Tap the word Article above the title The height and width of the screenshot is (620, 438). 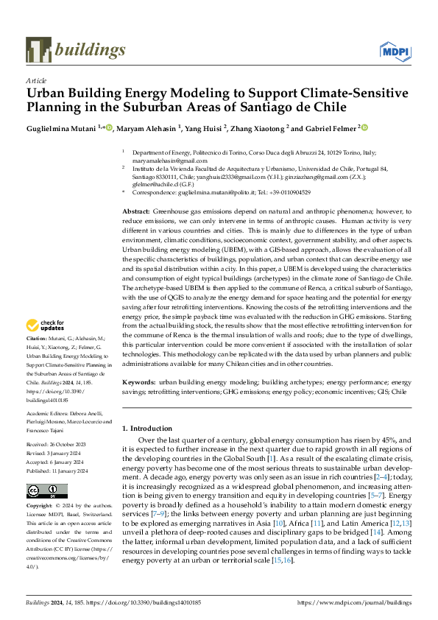tap(36, 80)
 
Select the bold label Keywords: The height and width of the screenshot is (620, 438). tap(139, 383)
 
